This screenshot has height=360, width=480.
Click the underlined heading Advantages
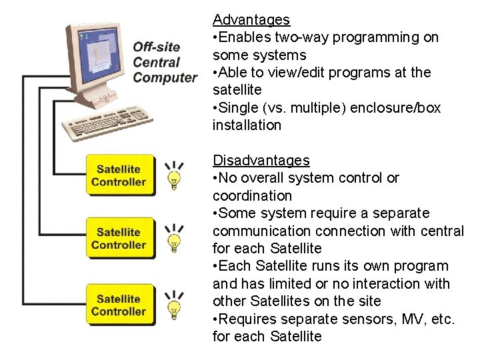(x=251, y=20)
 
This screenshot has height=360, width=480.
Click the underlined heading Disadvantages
(x=261, y=160)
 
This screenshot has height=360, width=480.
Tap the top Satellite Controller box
(x=119, y=175)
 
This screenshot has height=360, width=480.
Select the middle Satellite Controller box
(x=119, y=239)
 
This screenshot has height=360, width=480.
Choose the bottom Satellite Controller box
(x=119, y=305)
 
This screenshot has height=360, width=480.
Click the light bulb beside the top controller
(x=175, y=176)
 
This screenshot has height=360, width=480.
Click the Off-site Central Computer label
(x=164, y=62)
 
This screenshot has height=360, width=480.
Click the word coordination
(x=252, y=195)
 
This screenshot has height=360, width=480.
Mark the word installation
(x=247, y=125)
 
